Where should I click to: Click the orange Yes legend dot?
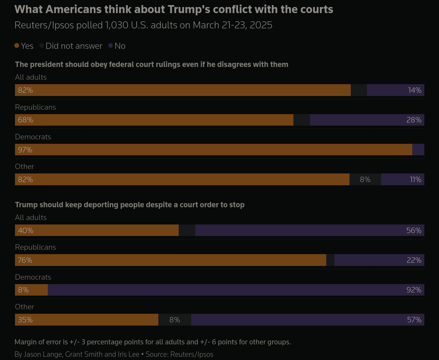[x=17, y=46]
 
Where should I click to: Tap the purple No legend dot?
[x=111, y=46]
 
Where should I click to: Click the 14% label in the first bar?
[x=414, y=90]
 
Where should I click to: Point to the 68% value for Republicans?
[x=25, y=120]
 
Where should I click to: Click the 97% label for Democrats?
[x=25, y=150]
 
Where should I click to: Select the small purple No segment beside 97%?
[x=418, y=150]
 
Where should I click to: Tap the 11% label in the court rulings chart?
[x=415, y=180]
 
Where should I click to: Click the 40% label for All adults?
[x=25, y=231]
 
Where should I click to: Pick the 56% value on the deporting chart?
[x=414, y=231]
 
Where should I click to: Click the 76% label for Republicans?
[x=25, y=260]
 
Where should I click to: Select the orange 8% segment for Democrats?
[x=31, y=290]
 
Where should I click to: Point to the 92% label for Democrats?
[x=414, y=290]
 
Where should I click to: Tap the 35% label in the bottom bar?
[x=25, y=320]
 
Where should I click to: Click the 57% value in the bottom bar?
[x=414, y=320]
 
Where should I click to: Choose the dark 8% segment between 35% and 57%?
[x=175, y=320]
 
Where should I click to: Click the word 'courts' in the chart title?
[x=315, y=10]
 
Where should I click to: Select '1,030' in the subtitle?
[x=117, y=25]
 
